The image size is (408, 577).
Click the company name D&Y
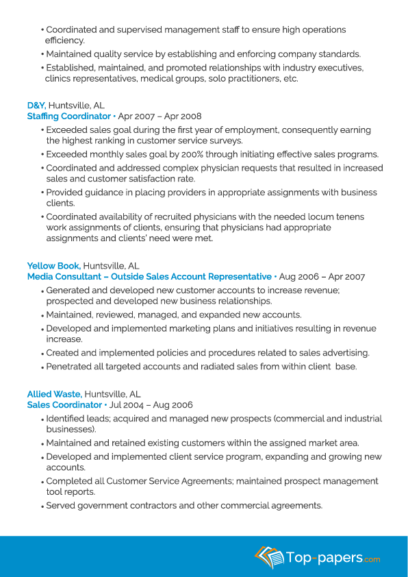coord(36,106)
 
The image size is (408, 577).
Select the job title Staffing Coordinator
coord(68,116)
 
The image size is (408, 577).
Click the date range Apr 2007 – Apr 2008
coord(160,116)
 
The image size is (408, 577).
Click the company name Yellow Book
coord(53,266)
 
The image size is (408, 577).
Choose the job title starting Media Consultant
coord(149,277)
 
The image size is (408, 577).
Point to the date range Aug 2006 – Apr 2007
coord(322,277)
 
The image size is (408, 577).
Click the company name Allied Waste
coord(54,394)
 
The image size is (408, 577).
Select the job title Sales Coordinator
coord(64,405)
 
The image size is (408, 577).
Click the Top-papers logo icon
coord(269,557)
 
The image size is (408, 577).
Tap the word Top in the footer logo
coord(298,557)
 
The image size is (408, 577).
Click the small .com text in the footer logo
coord(372,559)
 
